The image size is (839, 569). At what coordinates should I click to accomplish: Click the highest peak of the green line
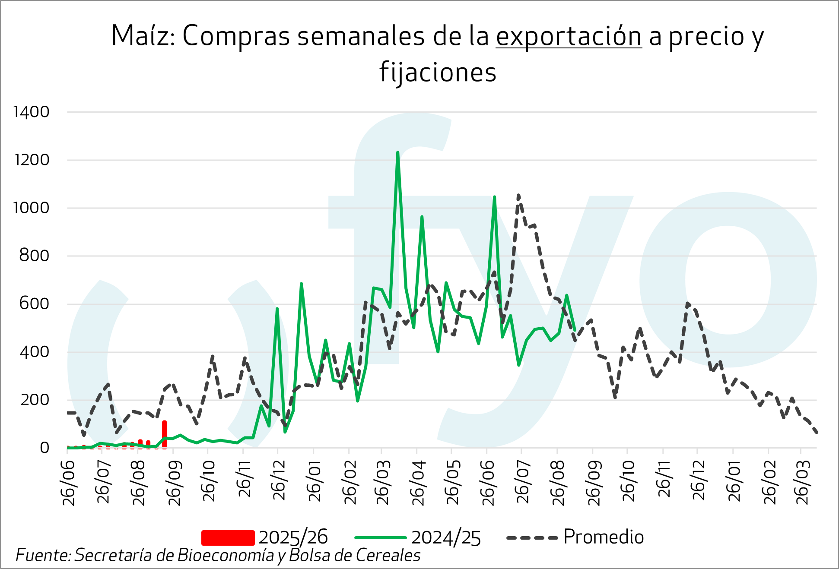[397, 152]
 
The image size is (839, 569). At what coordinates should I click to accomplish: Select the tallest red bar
[164, 433]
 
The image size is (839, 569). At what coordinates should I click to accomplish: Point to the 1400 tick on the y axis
[32, 112]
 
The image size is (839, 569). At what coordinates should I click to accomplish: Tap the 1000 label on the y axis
[32, 208]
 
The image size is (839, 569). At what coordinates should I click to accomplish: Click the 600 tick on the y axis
[34, 304]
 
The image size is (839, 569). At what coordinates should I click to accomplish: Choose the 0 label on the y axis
[44, 448]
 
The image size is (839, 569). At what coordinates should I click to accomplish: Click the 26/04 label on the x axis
[418, 483]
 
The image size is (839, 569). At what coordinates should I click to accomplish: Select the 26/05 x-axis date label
[453, 483]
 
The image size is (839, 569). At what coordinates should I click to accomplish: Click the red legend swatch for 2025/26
[228, 537]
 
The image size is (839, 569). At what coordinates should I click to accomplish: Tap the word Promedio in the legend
[604, 537]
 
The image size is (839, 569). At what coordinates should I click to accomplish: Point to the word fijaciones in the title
[438, 72]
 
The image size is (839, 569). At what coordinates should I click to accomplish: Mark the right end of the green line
[575, 330]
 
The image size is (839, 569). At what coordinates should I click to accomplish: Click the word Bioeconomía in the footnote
[226, 556]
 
